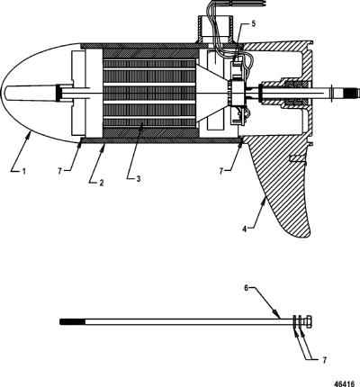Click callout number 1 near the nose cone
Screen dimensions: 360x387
pyautogui.click(x=23, y=171)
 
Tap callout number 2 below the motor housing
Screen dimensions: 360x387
pyautogui.click(x=102, y=183)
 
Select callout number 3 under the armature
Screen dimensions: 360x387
pyautogui.click(x=138, y=179)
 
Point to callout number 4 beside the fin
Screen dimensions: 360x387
pyautogui.click(x=245, y=229)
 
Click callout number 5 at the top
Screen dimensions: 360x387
pyautogui.click(x=254, y=23)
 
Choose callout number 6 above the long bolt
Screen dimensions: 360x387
pyautogui.click(x=246, y=288)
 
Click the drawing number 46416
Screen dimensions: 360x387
pyautogui.click(x=345, y=383)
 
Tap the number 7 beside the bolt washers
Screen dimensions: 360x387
pyautogui.click(x=324, y=360)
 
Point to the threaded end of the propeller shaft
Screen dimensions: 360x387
pyautogui.click(x=352, y=92)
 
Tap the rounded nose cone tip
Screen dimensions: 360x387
pyautogui.click(x=3, y=93)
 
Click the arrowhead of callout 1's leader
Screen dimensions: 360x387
pyautogui.click(x=29, y=134)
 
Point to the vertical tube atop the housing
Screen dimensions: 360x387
pyautogui.click(x=215, y=29)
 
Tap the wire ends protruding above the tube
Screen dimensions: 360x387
pyautogui.click(x=231, y=3)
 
